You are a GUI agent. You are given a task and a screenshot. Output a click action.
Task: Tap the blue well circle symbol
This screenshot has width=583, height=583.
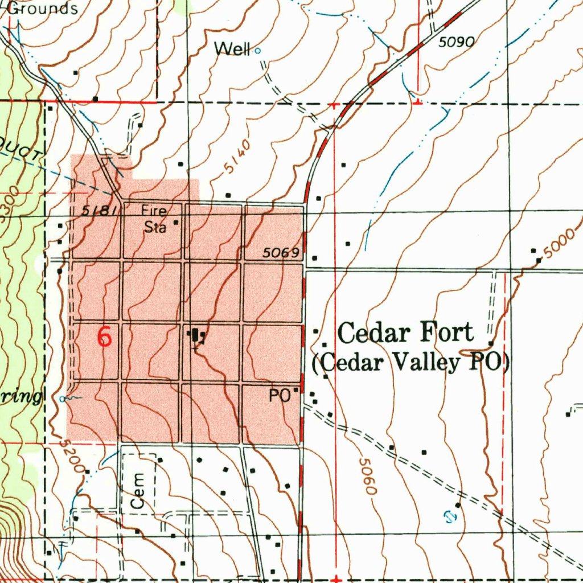pos(257,51)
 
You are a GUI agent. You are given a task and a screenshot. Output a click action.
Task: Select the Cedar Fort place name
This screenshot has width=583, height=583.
pos(405,332)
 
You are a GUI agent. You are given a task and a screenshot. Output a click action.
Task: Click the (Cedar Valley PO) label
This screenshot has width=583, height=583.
pos(411,362)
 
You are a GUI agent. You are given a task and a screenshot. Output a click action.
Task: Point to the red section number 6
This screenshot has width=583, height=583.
pos(105,337)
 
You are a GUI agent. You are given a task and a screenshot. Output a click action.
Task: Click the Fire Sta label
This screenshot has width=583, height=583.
pos(154,219)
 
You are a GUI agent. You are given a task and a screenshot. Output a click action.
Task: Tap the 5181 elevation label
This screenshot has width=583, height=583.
pos(100,211)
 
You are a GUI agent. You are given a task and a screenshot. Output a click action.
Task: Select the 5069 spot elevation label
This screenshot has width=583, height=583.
pos(281,253)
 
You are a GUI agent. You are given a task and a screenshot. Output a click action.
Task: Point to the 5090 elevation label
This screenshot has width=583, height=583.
pos(457,42)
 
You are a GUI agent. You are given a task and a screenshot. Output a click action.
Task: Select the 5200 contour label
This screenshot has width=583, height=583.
pos(70,454)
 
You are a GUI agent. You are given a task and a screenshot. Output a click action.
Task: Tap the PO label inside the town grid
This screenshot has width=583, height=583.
pos(280,395)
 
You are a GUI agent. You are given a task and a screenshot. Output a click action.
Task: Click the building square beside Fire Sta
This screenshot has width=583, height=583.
pos(176,223)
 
